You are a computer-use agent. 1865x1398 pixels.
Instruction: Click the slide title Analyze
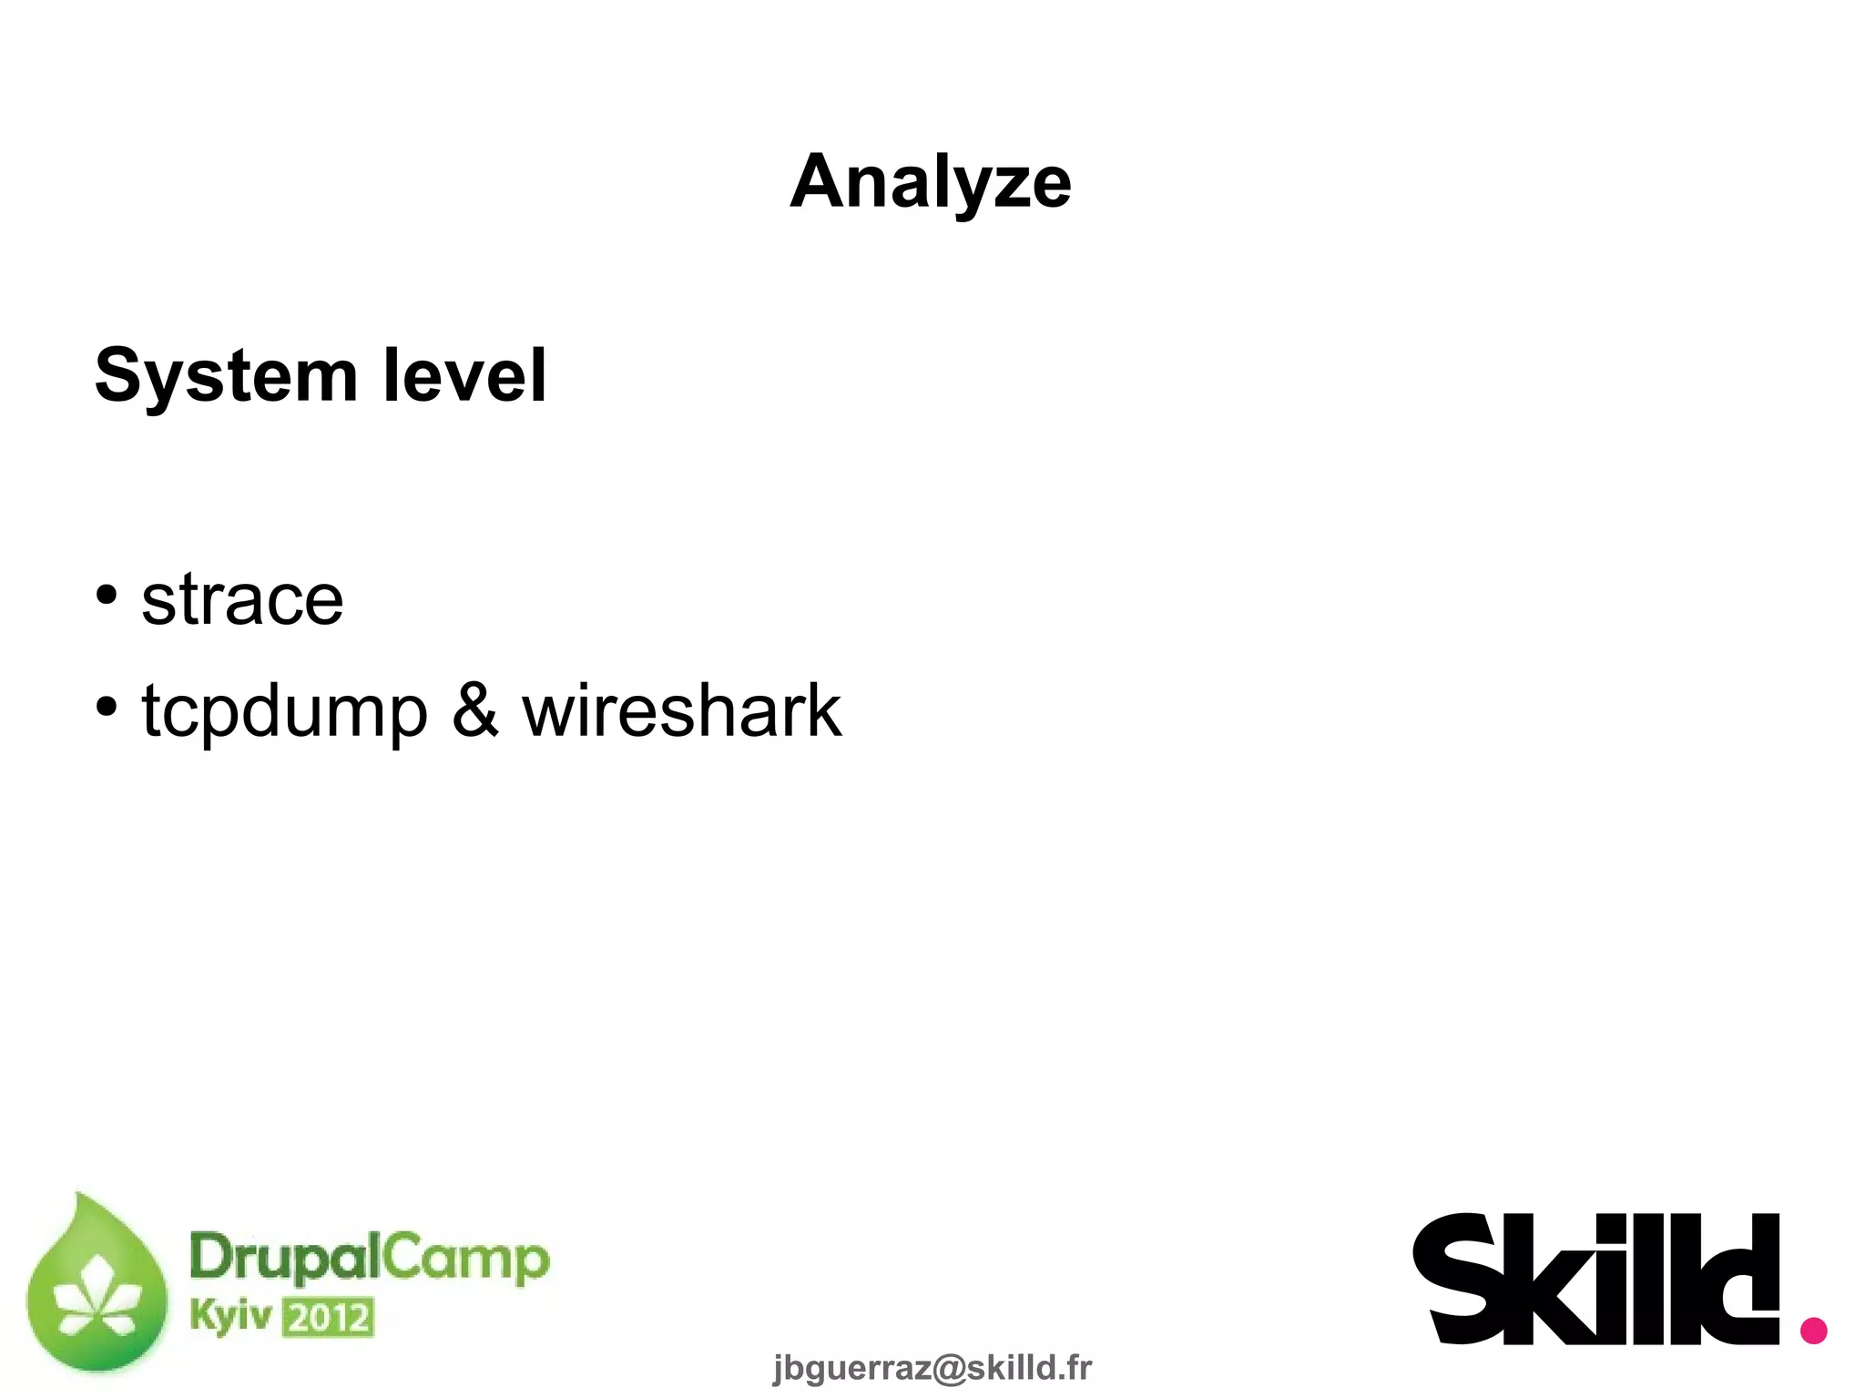coord(931,182)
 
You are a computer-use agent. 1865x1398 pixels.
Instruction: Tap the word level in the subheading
coord(464,375)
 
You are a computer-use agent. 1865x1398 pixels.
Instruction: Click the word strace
coord(242,600)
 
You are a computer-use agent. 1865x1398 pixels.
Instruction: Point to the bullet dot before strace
coord(107,595)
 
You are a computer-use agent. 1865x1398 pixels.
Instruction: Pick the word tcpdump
coord(284,712)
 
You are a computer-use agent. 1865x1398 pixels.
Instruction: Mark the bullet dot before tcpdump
coord(107,706)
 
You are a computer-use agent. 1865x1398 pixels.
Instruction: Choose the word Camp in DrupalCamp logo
coord(464,1260)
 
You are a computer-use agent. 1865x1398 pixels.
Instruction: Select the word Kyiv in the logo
coord(230,1317)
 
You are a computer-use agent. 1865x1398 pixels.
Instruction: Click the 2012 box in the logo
coord(328,1318)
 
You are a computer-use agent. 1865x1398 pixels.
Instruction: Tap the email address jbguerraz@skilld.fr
coord(932,1367)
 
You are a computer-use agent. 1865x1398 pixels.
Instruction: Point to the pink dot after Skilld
coord(1813,1329)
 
